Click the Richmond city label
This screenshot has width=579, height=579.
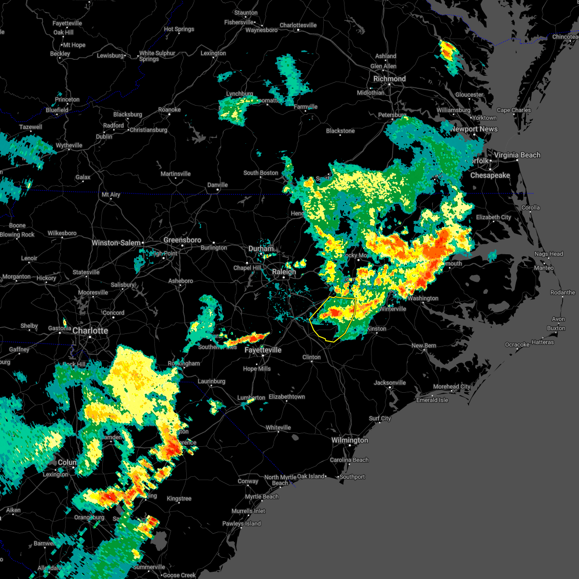point(389,79)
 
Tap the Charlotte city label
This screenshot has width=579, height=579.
point(90,331)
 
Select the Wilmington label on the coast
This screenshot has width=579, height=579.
point(349,440)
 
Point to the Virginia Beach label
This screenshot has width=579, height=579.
point(517,155)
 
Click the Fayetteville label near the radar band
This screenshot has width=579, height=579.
point(263,350)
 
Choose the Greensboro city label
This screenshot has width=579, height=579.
point(182,240)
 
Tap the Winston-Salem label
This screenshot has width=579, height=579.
point(116,243)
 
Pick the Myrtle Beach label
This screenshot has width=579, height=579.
point(262,496)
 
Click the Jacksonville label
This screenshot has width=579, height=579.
point(390,383)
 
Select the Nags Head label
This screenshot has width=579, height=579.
point(549,254)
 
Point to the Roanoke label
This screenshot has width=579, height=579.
point(169,110)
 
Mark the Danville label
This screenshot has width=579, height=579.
point(218,185)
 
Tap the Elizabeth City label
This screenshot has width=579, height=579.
point(494,217)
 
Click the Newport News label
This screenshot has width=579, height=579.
point(474,129)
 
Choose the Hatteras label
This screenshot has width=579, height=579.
point(543,342)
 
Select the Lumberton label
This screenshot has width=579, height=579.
point(251,398)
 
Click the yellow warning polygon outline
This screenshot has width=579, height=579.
point(356,309)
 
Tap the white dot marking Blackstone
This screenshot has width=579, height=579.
point(340,135)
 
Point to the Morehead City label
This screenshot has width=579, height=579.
point(452,386)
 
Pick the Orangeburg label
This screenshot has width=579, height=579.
point(89,517)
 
